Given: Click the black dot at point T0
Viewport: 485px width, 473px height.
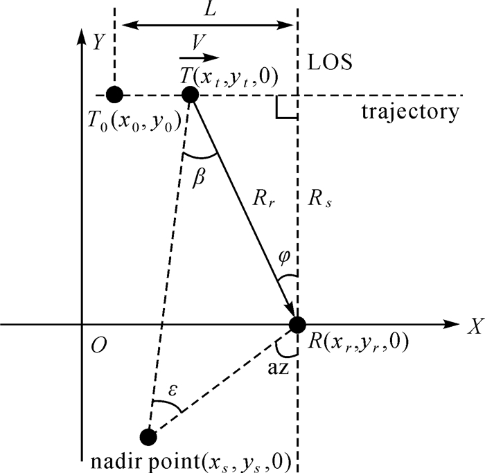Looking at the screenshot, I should pos(115,94).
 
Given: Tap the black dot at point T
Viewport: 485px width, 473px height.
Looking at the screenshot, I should pos(190,94).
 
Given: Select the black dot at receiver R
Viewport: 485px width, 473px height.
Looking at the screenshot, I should pos(297,323).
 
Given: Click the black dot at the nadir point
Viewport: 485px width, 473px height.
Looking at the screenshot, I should pos(148,436).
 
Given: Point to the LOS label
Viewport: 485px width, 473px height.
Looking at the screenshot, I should pos(331,62).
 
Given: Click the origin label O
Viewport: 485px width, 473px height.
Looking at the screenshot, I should pos(101,344).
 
